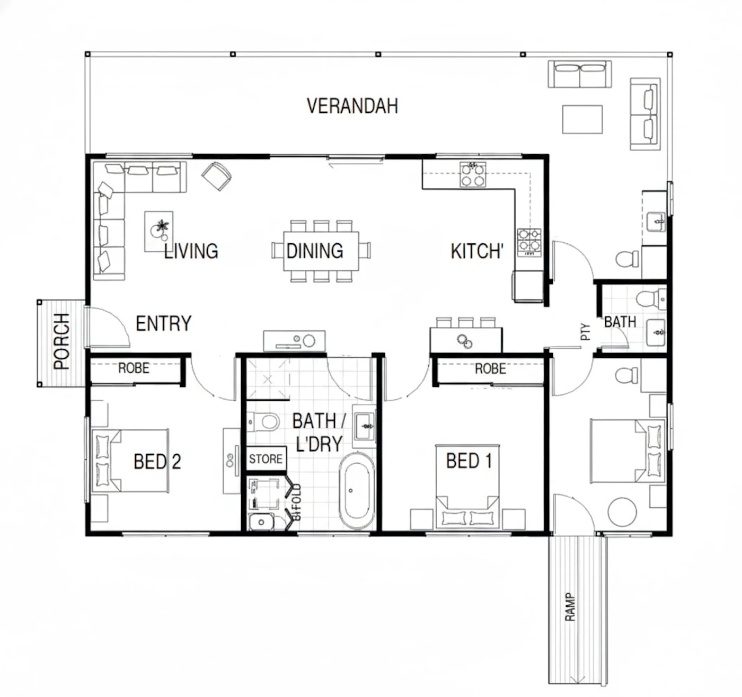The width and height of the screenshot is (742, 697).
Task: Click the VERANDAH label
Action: (352, 106)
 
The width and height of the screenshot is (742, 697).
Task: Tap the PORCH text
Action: (61, 341)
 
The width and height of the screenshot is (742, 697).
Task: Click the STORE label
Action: (266, 458)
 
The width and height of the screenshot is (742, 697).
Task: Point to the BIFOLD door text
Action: (297, 502)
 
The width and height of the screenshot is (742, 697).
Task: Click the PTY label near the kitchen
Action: (586, 332)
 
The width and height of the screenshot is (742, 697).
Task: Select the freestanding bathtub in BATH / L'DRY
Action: (357, 491)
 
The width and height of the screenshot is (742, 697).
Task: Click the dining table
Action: (321, 251)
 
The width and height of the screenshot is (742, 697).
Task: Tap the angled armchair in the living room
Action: (216, 176)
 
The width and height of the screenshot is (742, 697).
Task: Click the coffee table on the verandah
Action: (582, 119)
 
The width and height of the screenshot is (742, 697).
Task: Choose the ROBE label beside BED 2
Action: (134, 368)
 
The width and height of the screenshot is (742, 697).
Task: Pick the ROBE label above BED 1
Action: (490, 369)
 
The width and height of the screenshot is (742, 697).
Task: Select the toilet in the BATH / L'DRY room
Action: (263, 422)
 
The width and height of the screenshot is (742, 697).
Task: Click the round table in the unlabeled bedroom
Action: (622, 512)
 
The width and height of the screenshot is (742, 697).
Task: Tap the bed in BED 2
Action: (130, 461)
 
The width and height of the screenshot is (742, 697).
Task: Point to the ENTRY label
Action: (164, 324)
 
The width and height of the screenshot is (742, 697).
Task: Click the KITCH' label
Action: (477, 251)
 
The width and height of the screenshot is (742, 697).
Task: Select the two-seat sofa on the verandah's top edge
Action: (580, 74)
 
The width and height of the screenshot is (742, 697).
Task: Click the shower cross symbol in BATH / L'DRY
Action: (268, 380)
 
